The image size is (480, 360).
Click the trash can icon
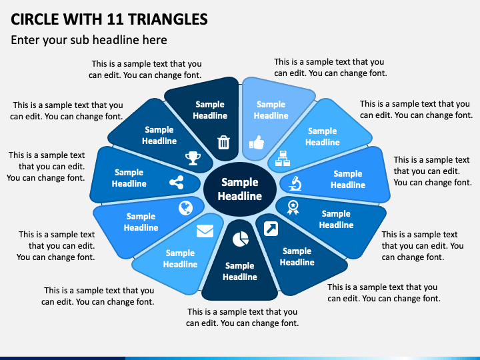tap(224, 141)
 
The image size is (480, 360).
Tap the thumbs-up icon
tap(257, 141)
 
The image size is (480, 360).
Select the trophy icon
tap(193, 158)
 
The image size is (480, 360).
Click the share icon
tap(177, 183)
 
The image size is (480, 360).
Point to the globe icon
tap(185, 208)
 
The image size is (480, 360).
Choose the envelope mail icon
tap(205, 231)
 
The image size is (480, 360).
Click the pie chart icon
tap(240, 238)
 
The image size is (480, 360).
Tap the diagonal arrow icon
tap(271, 229)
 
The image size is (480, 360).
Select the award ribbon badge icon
tap(292, 207)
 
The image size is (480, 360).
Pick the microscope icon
tap(295, 181)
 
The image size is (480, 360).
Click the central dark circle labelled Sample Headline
tap(240, 189)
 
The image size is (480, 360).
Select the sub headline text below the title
tap(89, 40)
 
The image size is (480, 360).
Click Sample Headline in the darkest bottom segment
tap(240, 271)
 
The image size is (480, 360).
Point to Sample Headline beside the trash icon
tap(210, 110)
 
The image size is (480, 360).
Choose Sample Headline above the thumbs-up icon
tap(271, 110)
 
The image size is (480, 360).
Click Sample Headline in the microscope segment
tap(347, 179)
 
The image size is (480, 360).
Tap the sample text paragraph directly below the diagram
tap(242, 317)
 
